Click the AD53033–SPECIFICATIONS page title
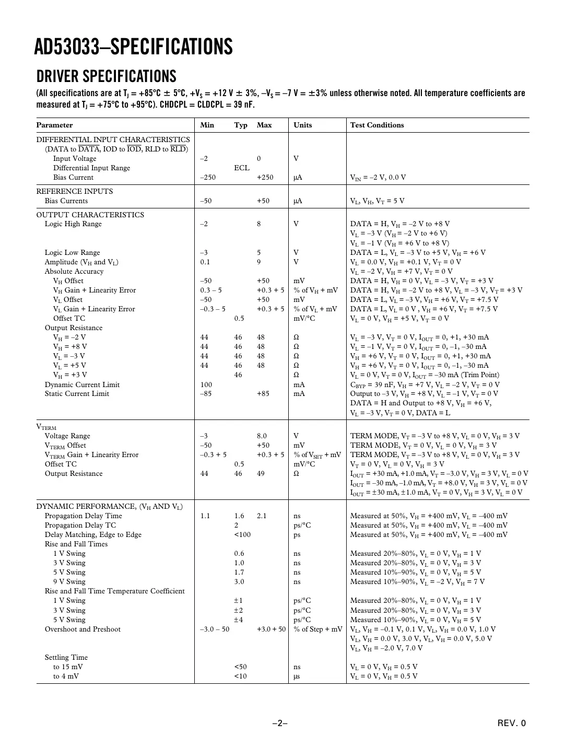coord(133,47)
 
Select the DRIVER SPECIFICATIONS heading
coord(106,76)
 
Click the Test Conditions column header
coord(376,125)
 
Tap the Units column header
coord(302,125)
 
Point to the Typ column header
coord(241,125)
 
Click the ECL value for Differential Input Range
coord(241,168)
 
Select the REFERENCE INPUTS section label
coord(74,191)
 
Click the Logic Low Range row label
coord(72,253)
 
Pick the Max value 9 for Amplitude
coord(259,262)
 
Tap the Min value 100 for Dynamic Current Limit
coord(206,385)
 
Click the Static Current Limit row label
coord(77,394)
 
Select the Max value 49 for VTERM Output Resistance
coord(261,474)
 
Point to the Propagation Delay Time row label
coord(83,516)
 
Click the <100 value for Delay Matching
coord(242,535)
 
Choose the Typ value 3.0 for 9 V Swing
coord(239,582)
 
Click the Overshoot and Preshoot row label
coord(83,629)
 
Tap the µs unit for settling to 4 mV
coord(297,676)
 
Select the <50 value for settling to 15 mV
coord(240,667)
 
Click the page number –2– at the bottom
coord(280,723)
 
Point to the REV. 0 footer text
coord(512,723)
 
